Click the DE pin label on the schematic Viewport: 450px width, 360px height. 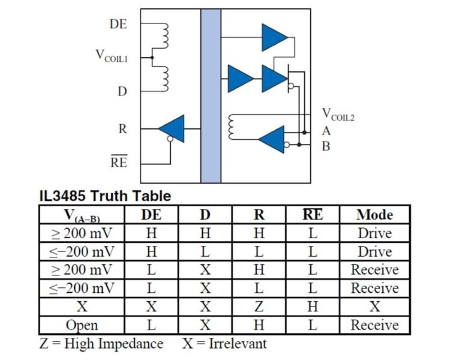pos(118,24)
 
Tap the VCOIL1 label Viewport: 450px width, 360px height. pos(112,56)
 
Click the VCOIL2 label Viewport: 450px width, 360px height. pos(338,114)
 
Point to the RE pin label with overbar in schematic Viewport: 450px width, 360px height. pos(119,161)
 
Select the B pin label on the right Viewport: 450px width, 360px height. pos(326,146)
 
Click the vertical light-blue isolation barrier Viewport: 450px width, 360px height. pos(211,96)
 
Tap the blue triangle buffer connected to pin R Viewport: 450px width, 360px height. pos(172,128)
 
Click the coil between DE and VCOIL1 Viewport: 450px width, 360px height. pos(164,35)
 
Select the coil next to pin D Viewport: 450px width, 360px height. pos(164,79)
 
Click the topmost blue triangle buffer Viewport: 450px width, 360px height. pos(274,37)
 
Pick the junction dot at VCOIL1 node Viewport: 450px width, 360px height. pos(152,58)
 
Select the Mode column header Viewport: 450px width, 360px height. pos(375,214)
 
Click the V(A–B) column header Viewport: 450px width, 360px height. pos(82,215)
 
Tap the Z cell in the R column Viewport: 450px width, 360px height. pos(259,307)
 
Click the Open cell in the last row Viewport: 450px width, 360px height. pos(82,326)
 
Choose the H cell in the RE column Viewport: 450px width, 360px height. pos(313,307)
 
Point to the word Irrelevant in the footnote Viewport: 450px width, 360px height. pos(238,343)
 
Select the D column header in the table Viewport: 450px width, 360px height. pos(205,214)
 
